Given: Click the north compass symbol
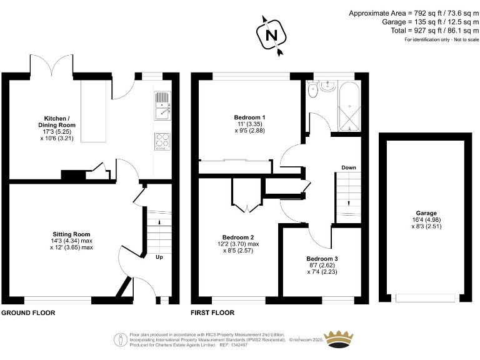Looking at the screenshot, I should click(271, 36).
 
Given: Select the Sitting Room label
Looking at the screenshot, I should click(71, 234).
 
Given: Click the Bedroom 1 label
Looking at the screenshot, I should click(249, 117).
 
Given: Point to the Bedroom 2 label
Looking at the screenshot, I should click(238, 237).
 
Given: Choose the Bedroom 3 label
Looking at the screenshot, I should click(322, 258).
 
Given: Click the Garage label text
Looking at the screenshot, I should click(427, 213).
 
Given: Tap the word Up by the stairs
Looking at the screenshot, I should click(160, 256).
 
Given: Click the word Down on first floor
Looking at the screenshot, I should click(349, 167).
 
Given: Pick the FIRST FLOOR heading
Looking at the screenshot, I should click(213, 312).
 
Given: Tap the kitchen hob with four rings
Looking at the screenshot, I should click(161, 142).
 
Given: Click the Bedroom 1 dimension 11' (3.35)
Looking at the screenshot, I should click(249, 124).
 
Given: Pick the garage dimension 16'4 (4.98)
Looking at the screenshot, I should click(427, 220).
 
